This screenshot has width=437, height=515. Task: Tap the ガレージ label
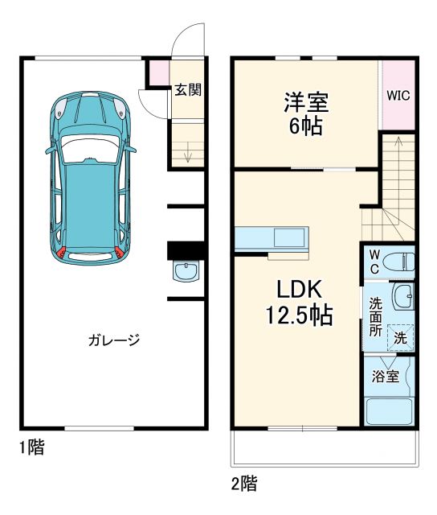[x=114, y=340]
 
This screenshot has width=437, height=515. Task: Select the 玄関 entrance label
[x=187, y=89]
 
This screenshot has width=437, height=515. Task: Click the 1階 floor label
[x=31, y=448]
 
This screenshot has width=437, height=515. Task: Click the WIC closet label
[x=398, y=95]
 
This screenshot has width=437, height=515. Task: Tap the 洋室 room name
[x=306, y=103]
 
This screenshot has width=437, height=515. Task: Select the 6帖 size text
[x=306, y=126]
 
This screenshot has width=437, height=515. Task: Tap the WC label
[x=374, y=261]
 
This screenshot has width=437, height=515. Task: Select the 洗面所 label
[x=375, y=317]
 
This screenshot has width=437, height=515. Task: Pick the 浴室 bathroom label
[x=385, y=377]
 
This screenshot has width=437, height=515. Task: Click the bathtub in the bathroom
[x=389, y=412]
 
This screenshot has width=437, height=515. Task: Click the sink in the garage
[x=186, y=271]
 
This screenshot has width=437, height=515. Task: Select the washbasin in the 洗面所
[x=402, y=299]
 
